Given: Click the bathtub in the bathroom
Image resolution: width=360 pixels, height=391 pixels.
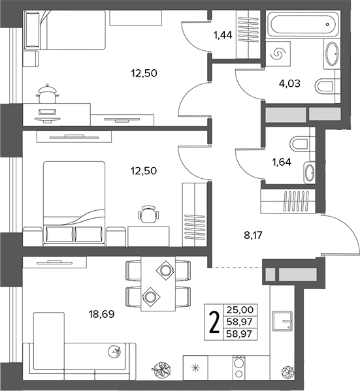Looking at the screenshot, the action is coord(303,24).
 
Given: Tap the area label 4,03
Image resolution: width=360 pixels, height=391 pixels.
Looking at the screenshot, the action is coord(289,84).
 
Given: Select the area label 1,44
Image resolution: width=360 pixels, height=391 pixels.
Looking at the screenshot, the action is coord(223,35).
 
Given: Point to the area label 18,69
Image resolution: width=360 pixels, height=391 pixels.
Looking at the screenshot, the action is coord(102,314).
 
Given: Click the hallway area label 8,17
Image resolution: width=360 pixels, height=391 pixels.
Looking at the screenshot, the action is coord(253,235).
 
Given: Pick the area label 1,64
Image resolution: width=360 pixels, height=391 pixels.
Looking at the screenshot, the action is coord(282,162).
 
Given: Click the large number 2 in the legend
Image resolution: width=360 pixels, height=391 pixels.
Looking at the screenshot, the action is coord(214,322).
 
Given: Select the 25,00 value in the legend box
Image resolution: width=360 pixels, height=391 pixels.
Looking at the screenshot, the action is coord(240,310).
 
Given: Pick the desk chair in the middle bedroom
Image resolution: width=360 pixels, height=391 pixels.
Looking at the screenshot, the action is coord(148,214).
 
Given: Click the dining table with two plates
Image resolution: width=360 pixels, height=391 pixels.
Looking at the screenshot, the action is coord(157,283).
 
